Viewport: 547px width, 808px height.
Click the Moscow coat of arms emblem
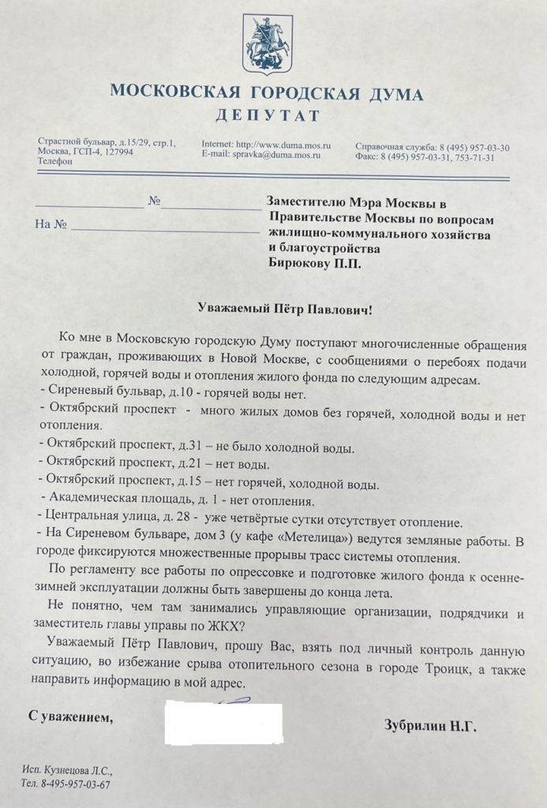pos(268,46)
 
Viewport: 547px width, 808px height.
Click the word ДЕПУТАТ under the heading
pos(268,116)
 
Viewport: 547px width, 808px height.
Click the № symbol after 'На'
pos(59,225)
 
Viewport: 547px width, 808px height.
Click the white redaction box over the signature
pos(223,722)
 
